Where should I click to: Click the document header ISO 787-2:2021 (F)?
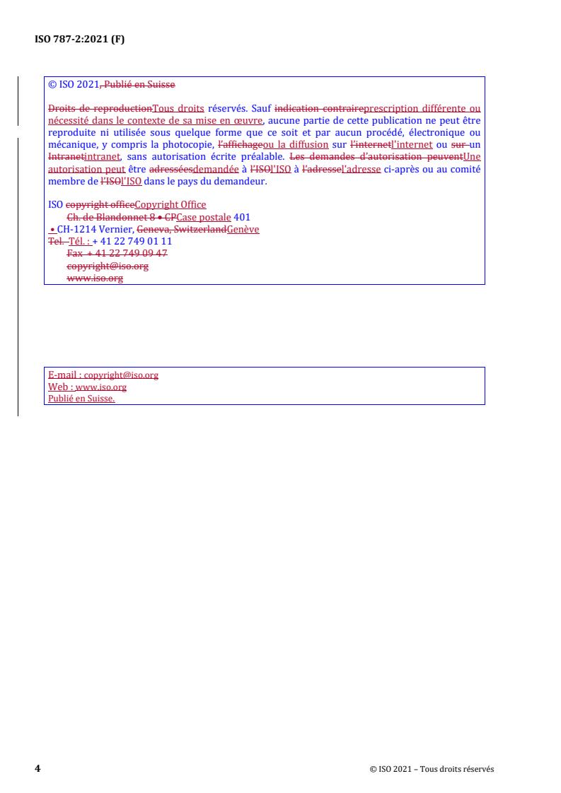pos(80,40)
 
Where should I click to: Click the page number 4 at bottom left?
pos(37,769)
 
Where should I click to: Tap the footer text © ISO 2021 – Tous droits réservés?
pos(432,770)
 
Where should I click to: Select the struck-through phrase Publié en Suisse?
pos(139,85)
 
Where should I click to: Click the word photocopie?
pos(185,143)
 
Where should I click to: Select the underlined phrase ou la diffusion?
pos(295,143)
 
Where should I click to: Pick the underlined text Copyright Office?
pos(170,205)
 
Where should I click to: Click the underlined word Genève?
pos(243,229)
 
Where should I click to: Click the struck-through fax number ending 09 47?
pos(117,253)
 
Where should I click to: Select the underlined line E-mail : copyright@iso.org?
pos(103,375)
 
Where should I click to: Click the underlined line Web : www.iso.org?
pos(87,387)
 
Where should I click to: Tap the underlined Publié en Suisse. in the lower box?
pos(81,399)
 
